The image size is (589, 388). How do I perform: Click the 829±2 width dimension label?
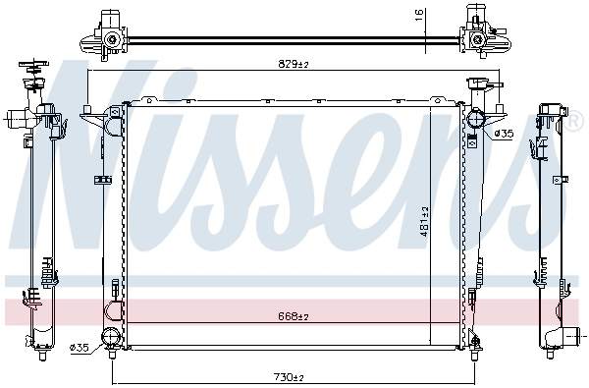pyautogui.click(x=293, y=64)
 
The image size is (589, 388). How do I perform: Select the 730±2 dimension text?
pyautogui.click(x=288, y=377)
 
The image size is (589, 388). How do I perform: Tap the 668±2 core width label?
pyautogui.click(x=293, y=316)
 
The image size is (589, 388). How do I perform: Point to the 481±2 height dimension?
pyautogui.click(x=425, y=222)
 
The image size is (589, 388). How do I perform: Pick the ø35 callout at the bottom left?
pyautogui.click(x=80, y=347)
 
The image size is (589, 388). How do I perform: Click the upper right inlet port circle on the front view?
pyautogui.click(x=475, y=121)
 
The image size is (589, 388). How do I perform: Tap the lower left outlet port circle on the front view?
pyautogui.click(x=111, y=339)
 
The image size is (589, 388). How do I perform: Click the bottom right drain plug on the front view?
pyautogui.click(x=476, y=343)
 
